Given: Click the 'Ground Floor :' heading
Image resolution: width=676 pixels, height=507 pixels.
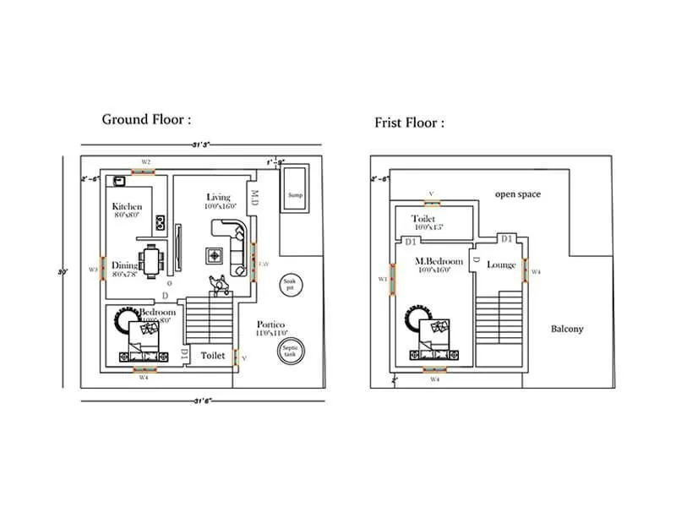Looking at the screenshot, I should click(x=146, y=119).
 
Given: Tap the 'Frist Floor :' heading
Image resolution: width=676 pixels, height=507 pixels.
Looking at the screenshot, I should click(x=409, y=123).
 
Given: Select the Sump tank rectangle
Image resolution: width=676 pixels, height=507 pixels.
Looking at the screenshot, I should click(x=295, y=195).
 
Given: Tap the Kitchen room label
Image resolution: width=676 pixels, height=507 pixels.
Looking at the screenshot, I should click(x=127, y=206).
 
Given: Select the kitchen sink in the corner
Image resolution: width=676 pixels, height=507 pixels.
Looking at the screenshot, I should click(x=120, y=181).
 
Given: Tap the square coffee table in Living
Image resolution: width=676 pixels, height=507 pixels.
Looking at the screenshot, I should click(x=215, y=256).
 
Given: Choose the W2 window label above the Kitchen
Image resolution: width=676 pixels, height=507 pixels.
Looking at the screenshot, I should click(x=145, y=161).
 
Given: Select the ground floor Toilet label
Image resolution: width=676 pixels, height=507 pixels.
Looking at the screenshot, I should click(x=212, y=356).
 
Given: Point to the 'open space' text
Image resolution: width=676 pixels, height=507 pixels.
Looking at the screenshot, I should click(x=517, y=194).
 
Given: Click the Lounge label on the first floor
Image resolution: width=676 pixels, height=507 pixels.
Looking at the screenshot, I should click(x=501, y=264).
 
